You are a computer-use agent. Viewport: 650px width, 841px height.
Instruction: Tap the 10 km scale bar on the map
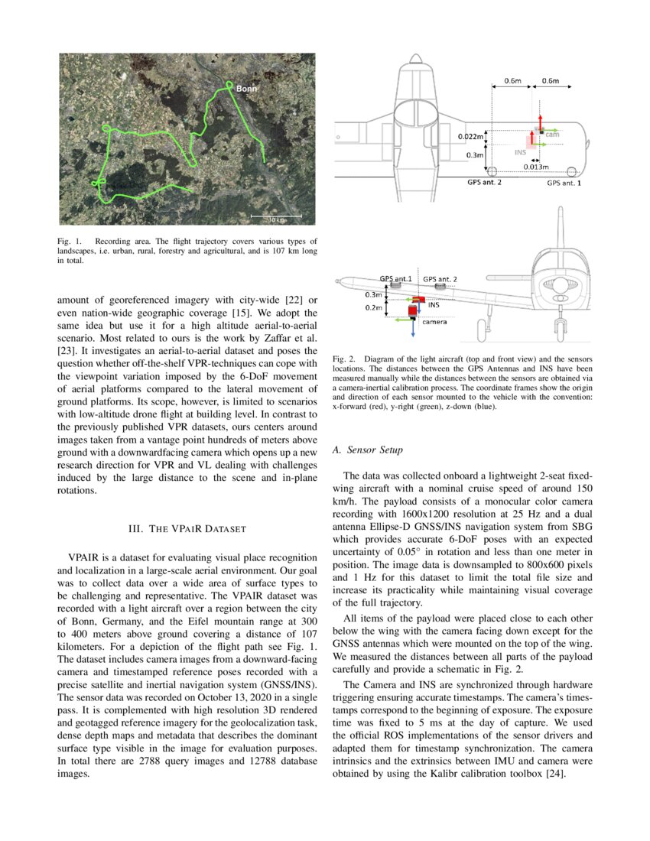[275, 219]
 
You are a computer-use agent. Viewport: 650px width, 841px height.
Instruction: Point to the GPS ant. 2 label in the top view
[484, 183]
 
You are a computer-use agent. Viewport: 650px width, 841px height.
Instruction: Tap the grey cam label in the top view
[551, 135]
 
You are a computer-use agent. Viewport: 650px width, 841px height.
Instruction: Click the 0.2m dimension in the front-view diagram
[373, 307]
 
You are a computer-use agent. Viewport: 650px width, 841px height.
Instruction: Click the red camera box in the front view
[414, 312]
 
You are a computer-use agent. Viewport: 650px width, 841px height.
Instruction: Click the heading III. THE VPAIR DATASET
[187, 528]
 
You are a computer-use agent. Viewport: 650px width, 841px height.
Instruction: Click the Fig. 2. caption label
[345, 359]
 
